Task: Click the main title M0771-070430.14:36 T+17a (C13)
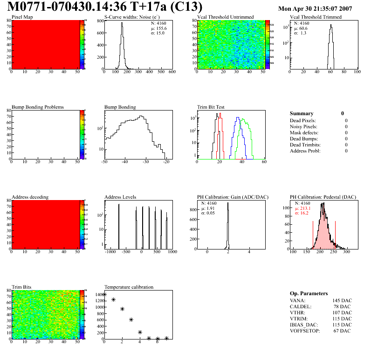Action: pos(105,7)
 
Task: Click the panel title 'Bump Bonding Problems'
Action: pos(38,107)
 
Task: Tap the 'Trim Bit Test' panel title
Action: pos(211,107)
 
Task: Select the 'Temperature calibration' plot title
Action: pos(129,287)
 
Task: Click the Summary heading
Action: pos(302,113)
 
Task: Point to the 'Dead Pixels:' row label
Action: pos(303,120)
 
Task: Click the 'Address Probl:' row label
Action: pos(305,151)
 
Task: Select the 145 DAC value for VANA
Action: pos(342,300)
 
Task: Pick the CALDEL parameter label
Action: pos(301,306)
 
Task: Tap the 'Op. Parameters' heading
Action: pos(309,293)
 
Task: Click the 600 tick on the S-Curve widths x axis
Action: pos(172,72)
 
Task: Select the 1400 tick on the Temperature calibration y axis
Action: pos(99,294)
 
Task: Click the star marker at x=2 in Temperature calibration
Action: pos(122,309)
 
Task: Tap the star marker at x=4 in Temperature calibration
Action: pos(140,332)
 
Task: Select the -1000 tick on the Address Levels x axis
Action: pos(110,252)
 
